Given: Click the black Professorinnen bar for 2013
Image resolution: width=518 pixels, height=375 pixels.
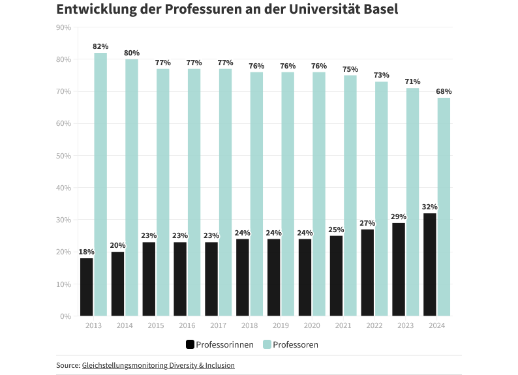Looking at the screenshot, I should (87, 287).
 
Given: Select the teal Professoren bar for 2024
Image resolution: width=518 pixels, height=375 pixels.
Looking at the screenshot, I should (444, 207).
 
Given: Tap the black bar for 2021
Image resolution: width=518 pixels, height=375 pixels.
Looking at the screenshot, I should (336, 276).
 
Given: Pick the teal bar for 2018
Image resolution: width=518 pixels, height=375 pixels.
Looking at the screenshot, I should (256, 194).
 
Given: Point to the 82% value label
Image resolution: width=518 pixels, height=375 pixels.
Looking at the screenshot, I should (100, 46).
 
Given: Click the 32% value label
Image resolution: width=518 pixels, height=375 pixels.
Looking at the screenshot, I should (429, 207).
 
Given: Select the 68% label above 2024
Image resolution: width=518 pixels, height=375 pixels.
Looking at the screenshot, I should (444, 91).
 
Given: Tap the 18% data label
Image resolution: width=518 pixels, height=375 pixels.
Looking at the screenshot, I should (87, 252).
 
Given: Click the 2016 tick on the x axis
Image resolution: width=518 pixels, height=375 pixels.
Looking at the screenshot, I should (187, 325).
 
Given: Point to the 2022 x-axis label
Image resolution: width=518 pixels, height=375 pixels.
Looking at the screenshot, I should (374, 325).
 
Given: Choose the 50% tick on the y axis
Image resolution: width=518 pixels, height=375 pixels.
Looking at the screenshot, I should (65, 156).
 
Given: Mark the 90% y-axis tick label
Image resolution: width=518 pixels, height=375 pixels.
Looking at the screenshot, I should (65, 27).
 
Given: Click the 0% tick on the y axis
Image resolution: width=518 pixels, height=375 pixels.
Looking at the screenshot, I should (66, 316).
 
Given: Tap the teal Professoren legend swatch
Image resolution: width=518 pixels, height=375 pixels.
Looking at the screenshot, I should (266, 344).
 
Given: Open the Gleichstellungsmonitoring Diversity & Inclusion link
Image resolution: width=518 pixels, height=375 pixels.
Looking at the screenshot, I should (158, 365).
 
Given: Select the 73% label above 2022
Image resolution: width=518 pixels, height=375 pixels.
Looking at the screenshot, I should (381, 76).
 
